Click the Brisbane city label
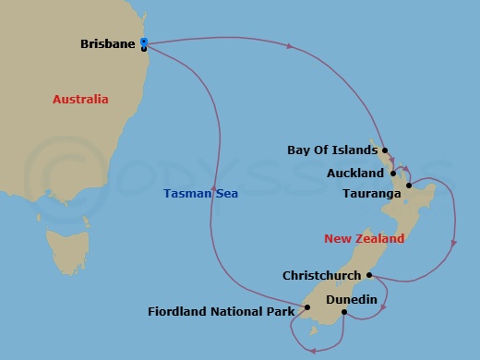point(108,43)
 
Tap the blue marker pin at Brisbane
point(144,42)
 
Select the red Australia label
point(80,99)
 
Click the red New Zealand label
point(364,238)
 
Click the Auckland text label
point(355,174)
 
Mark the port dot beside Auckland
point(393,173)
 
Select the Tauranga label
point(371,194)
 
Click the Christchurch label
point(322,275)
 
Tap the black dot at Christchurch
point(369,275)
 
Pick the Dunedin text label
point(328,299)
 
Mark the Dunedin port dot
point(343,312)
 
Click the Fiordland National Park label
point(221,311)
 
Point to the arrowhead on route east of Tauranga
point(453,245)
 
